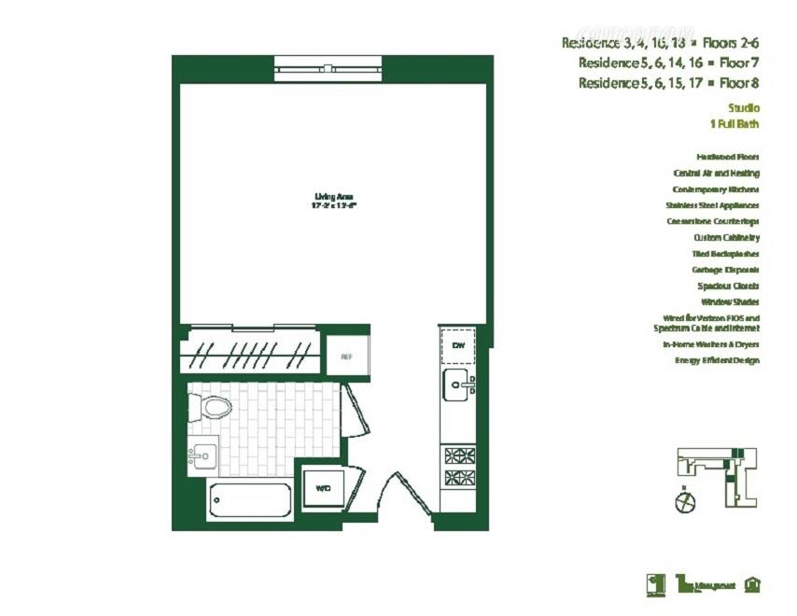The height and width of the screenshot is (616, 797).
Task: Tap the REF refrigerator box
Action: tap(345, 357)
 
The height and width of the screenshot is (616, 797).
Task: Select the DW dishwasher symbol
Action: tap(458, 346)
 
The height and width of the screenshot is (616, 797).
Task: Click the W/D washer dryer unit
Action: tap(323, 488)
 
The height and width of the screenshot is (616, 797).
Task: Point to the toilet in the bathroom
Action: tap(211, 407)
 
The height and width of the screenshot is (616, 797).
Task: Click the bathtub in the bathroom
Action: tap(249, 500)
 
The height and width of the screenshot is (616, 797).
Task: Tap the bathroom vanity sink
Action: tap(202, 456)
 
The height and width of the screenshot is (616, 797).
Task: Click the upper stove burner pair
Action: tap(458, 456)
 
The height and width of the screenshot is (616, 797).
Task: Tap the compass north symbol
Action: tap(684, 501)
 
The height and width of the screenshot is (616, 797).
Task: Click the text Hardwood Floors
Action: tap(727, 157)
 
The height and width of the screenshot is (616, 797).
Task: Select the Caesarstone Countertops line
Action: tap(712, 221)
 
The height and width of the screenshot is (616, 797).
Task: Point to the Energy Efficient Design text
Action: tap(717, 360)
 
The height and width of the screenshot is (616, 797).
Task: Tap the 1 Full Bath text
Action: tap(734, 124)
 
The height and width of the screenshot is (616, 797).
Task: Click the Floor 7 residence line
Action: tap(668, 63)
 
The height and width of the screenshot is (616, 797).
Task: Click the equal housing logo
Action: tap(752, 584)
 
